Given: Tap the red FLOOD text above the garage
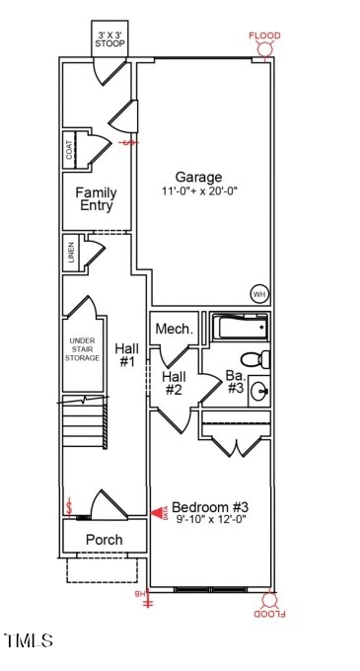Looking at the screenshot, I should click(x=263, y=37).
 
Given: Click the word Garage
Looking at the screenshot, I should click(x=198, y=178).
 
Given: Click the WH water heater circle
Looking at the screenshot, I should click(x=258, y=293).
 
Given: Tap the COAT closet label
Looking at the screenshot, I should click(x=70, y=150).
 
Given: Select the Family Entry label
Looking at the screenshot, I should click(x=97, y=199).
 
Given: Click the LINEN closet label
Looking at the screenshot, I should click(x=71, y=252).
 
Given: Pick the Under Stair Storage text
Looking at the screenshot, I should click(x=83, y=349).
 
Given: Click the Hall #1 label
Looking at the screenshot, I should click(x=126, y=355).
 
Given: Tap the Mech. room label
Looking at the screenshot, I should click(x=174, y=329).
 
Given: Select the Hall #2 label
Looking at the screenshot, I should click(x=174, y=383).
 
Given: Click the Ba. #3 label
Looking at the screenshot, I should click(x=235, y=381).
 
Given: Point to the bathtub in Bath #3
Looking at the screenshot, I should click(x=238, y=327).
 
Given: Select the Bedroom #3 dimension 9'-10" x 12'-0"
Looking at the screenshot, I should click(x=210, y=519).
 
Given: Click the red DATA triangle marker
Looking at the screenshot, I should click(x=157, y=513).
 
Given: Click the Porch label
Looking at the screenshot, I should click(x=104, y=540).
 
